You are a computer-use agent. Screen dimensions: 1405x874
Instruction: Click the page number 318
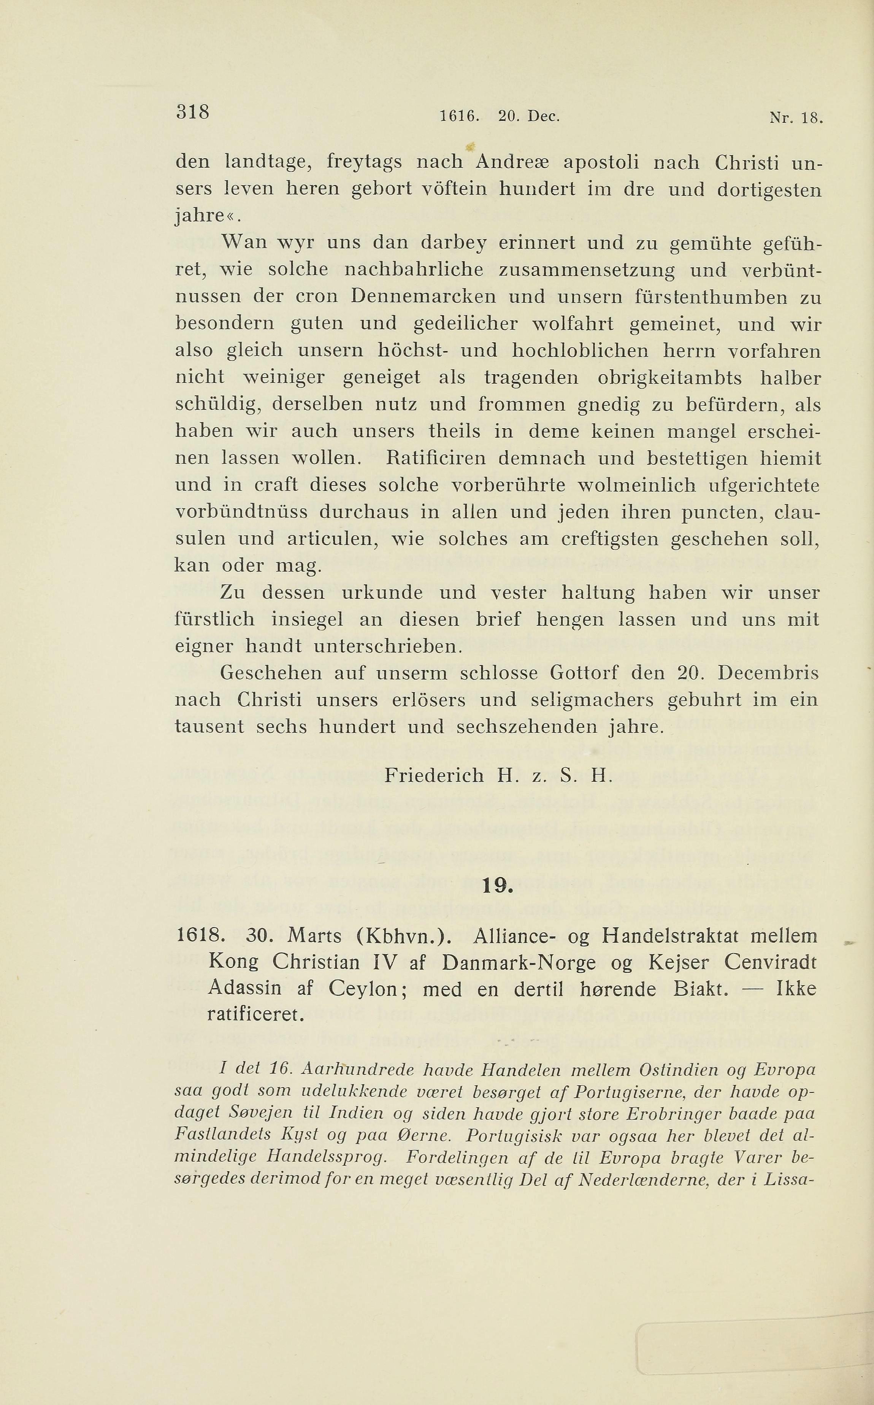click(192, 111)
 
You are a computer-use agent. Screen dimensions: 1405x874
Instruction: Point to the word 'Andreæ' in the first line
click(512, 162)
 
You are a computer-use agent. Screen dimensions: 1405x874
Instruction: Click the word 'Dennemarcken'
click(423, 297)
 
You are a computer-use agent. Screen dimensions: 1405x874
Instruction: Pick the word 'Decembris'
click(768, 673)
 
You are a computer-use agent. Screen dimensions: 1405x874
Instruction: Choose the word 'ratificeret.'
click(255, 1015)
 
